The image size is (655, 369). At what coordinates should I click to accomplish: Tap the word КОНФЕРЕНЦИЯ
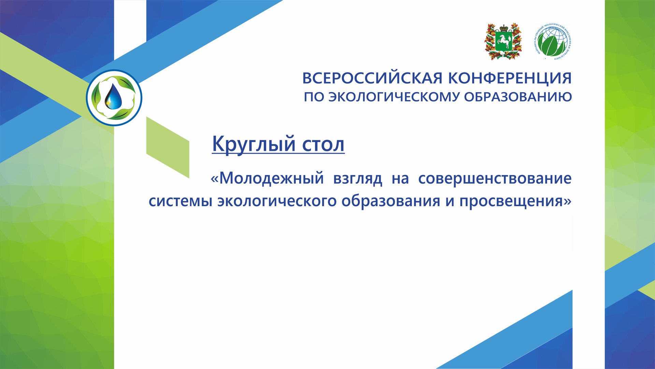510,78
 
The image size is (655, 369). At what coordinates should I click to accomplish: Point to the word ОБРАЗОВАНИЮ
518,97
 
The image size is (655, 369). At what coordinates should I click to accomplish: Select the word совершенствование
495,178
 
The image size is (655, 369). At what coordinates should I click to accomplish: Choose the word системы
180,201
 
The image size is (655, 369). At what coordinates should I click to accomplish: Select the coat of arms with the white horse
503,42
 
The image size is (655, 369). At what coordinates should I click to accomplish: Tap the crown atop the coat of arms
504,27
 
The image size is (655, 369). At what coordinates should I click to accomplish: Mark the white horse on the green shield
504,42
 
